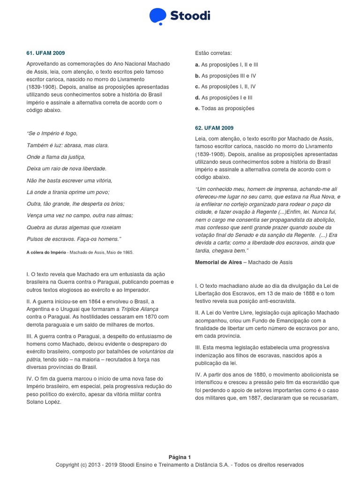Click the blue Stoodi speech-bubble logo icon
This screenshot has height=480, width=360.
click(158, 16)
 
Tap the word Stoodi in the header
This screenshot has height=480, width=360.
click(190, 16)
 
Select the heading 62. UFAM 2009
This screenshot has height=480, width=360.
click(214, 128)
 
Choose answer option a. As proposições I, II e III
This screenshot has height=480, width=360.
click(227, 65)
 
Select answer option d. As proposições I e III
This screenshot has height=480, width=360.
click(224, 97)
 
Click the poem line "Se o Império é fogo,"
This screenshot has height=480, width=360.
click(52, 134)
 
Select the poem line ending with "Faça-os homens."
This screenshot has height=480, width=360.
click(74, 239)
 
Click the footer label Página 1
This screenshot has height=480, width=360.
click(180, 457)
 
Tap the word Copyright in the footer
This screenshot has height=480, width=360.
click(68, 465)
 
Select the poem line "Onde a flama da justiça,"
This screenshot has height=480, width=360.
click(56, 157)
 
